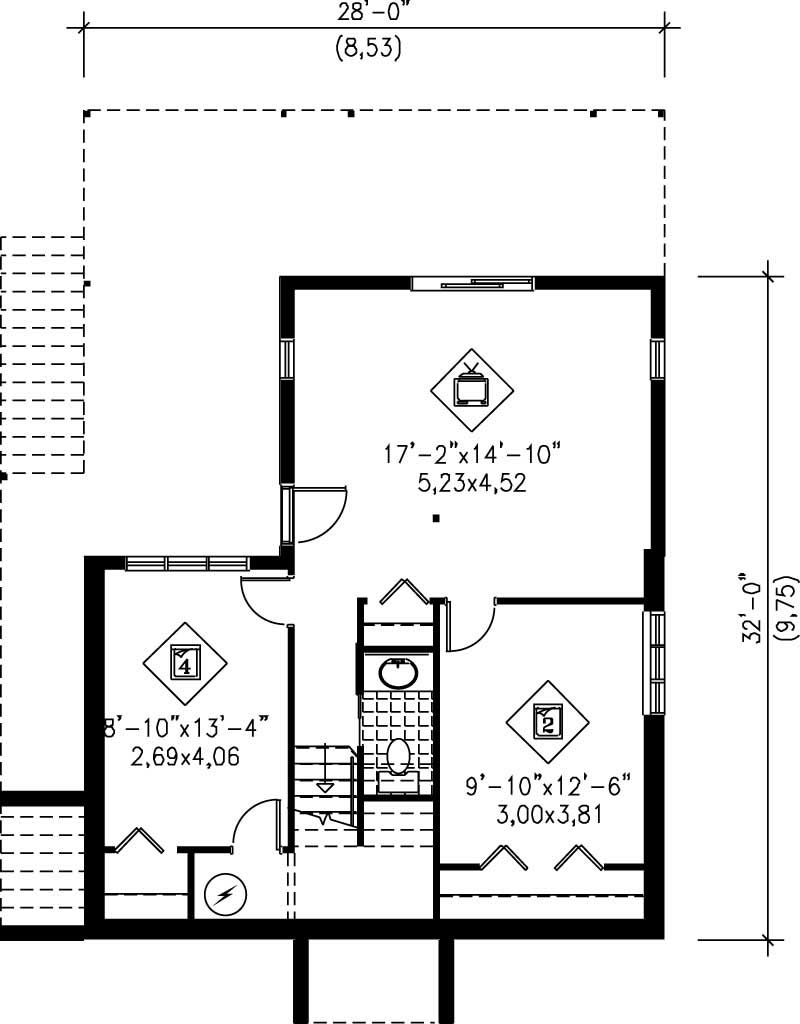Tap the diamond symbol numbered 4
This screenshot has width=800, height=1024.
pyautogui.click(x=186, y=661)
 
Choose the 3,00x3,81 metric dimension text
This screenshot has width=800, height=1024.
pyautogui.click(x=548, y=814)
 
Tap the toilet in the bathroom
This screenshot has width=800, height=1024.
pyautogui.click(x=399, y=757)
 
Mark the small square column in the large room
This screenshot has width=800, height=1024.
pyautogui.click(x=436, y=518)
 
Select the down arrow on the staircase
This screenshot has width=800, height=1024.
pyautogui.click(x=323, y=786)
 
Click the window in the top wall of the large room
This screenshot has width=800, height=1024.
pyautogui.click(x=472, y=284)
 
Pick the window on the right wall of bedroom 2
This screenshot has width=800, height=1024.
pyautogui.click(x=654, y=662)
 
